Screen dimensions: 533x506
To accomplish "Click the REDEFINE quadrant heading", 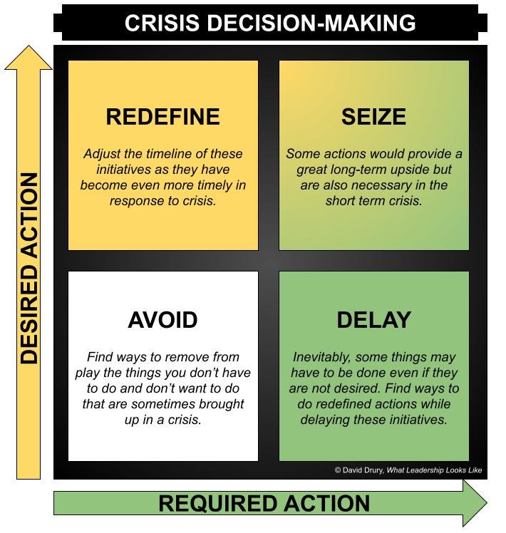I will [x=162, y=116].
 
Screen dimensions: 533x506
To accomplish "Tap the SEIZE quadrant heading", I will [x=373, y=116].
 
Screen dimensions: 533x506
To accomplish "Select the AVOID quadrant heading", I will [x=162, y=320].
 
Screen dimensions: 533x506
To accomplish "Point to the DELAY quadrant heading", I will [x=373, y=320].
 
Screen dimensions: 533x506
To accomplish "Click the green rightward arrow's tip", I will [x=485, y=503].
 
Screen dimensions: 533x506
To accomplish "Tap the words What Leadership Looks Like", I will [x=435, y=470].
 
